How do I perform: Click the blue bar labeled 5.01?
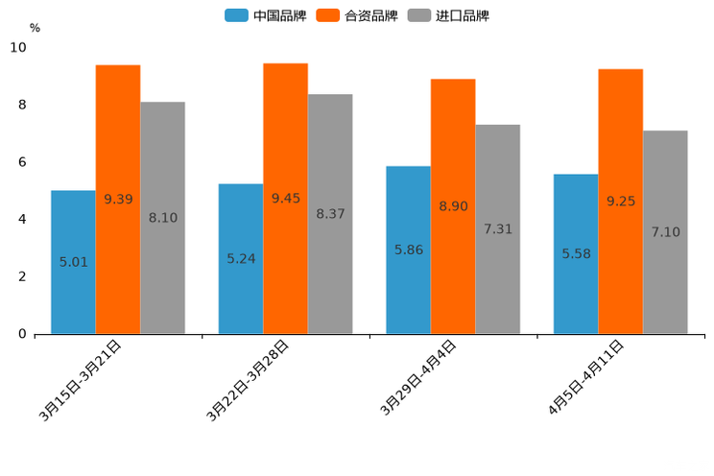pos(73,262)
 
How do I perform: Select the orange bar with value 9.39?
pos(118,200)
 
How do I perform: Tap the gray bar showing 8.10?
pos(162,218)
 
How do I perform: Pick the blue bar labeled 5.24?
pos(241,259)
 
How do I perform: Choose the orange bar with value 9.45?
pos(285,199)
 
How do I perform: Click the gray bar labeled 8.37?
pos(330,214)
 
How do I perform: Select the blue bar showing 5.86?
pos(408,250)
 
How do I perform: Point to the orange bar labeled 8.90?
pos(453,206)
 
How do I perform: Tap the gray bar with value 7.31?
pos(497,229)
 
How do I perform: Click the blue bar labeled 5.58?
pos(576,254)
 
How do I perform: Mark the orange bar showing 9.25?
pos(620,202)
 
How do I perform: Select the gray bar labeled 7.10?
pos(665,232)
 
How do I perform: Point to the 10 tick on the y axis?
pos(18,47)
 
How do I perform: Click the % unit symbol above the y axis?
pos(35,28)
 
